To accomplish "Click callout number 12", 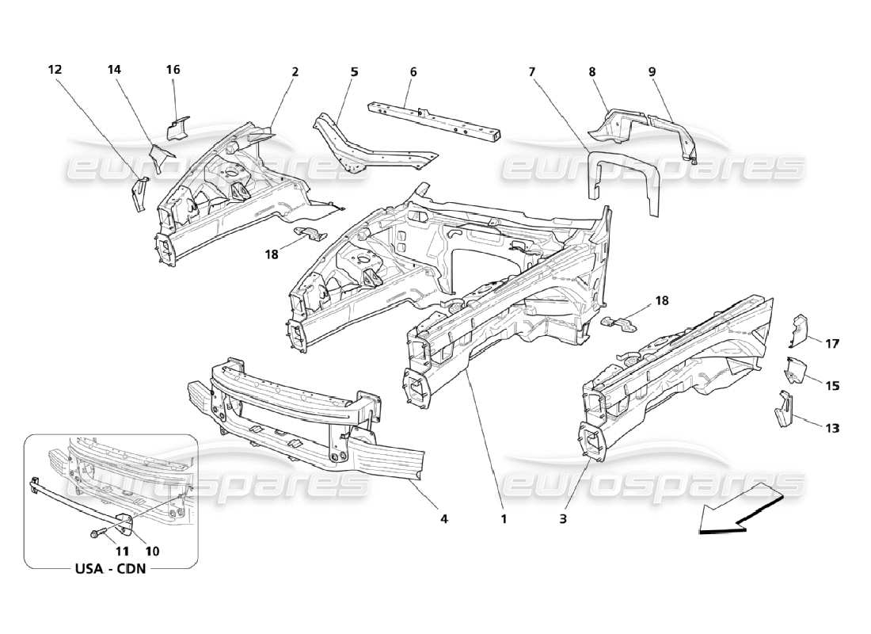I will click(x=55, y=70).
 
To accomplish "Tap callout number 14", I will click(x=114, y=70).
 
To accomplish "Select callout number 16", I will click(x=173, y=70).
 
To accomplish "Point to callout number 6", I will click(x=413, y=71).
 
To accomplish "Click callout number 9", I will click(x=652, y=71).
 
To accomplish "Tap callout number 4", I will click(x=444, y=519).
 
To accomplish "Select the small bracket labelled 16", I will click(x=179, y=127).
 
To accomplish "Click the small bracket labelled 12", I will click(x=139, y=194).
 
